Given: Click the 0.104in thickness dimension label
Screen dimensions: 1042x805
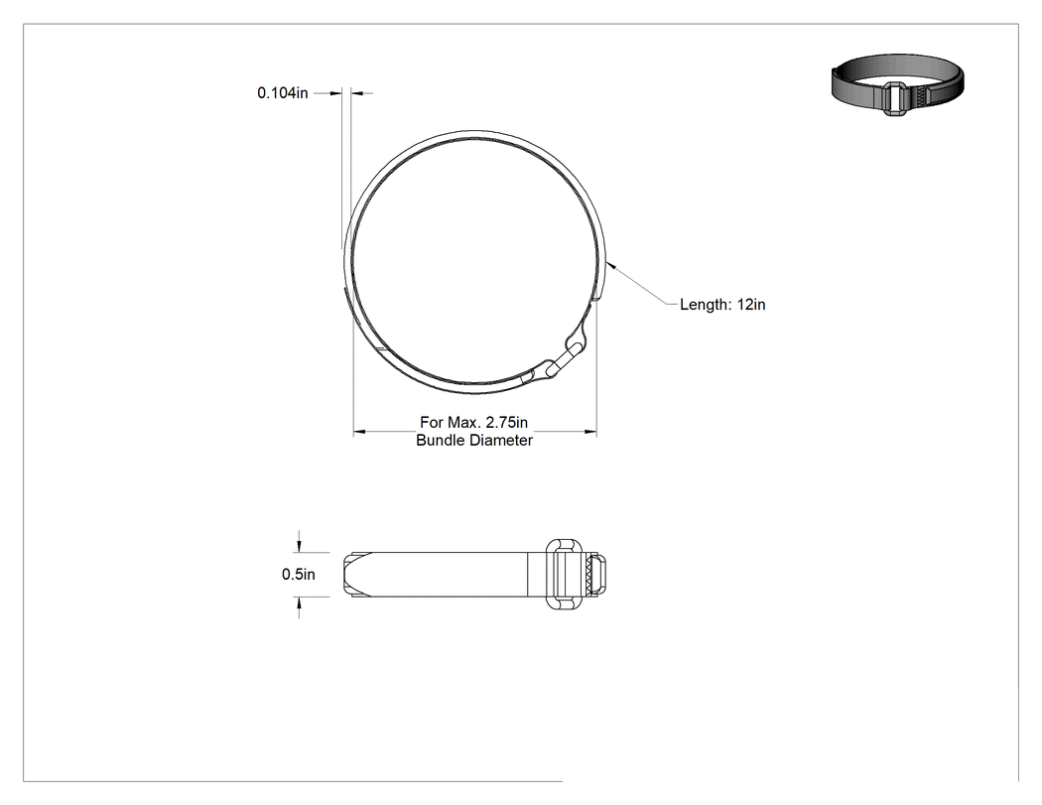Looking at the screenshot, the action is [x=283, y=93].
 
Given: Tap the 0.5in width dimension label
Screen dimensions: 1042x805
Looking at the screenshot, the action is [x=299, y=575].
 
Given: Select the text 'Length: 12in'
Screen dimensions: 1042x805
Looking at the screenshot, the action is [x=722, y=305].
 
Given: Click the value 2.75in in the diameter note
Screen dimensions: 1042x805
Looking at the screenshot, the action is [x=506, y=422].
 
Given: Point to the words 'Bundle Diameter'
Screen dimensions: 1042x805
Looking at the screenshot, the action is [x=474, y=440].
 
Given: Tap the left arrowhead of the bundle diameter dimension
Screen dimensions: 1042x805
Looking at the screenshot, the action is [x=359, y=432].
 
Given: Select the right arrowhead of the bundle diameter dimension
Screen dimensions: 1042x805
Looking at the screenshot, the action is [x=590, y=432].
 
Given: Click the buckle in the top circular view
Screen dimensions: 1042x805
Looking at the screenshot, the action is [x=565, y=355].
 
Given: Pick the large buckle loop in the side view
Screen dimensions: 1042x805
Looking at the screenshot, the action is [x=564, y=574].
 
